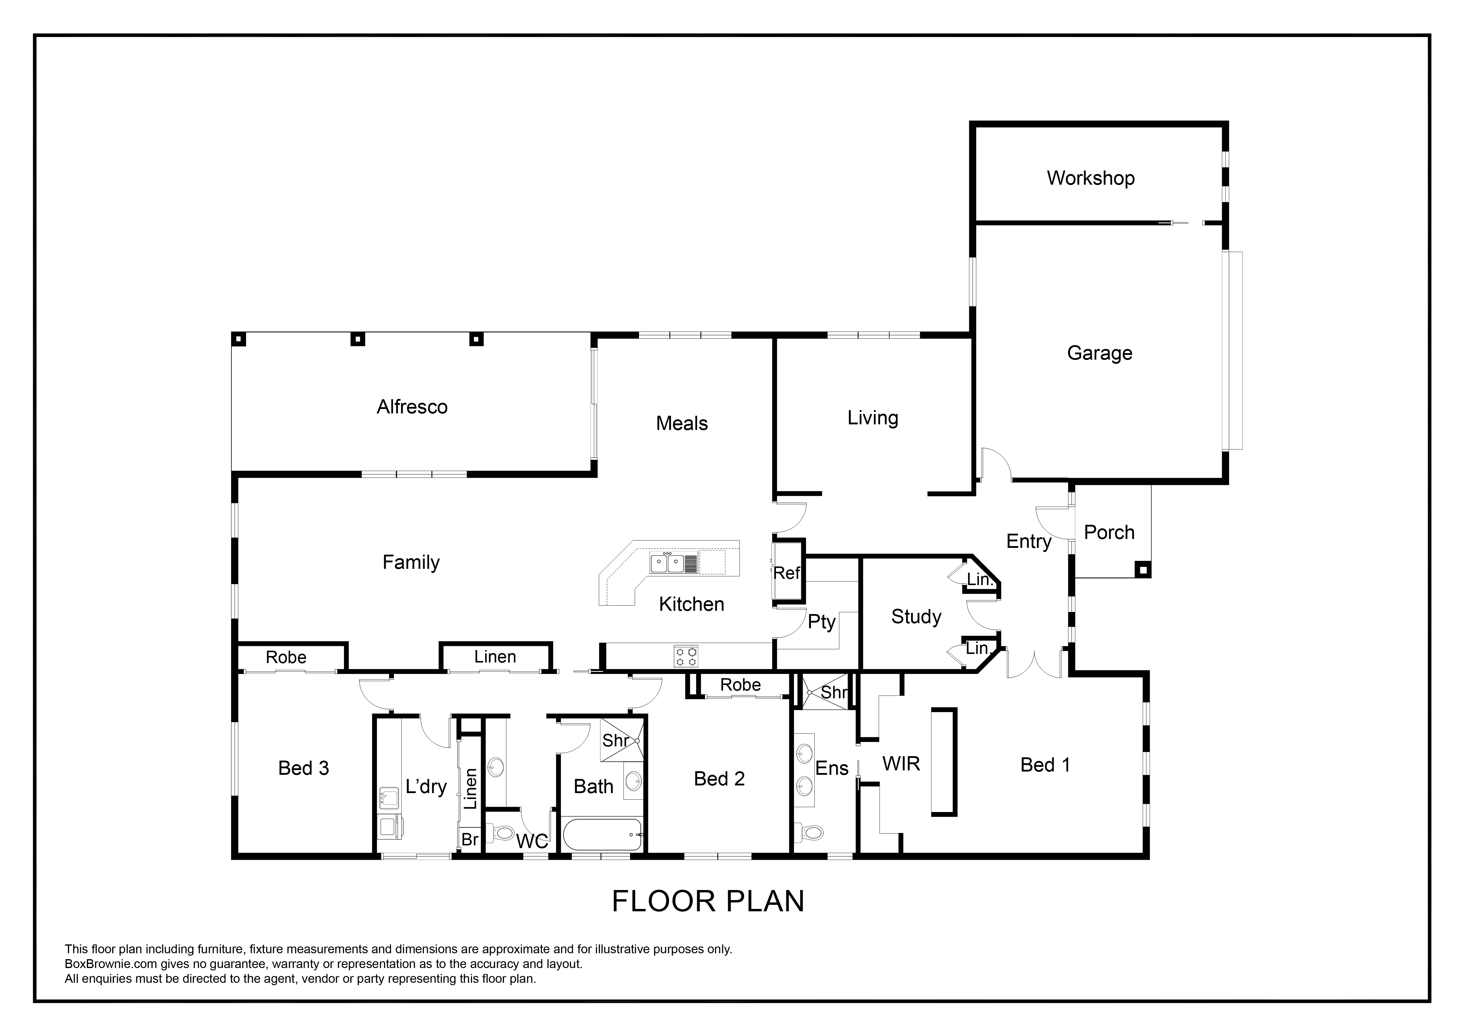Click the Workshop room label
1090,178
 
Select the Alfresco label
412,407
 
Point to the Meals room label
681,423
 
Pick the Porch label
1109,533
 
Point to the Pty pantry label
821,622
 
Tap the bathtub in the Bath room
602,834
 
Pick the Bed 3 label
304,768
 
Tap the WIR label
901,764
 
